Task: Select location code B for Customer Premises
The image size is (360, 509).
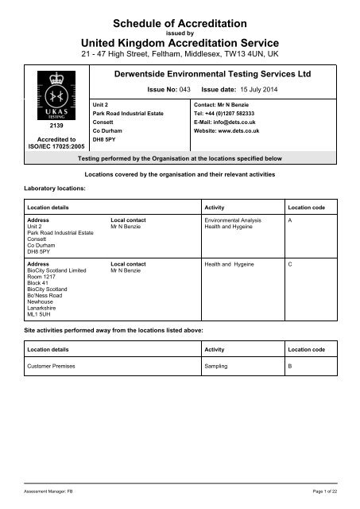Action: pos(291,370)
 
